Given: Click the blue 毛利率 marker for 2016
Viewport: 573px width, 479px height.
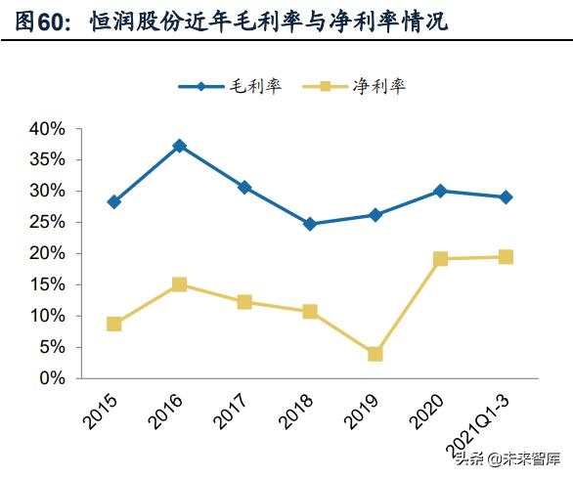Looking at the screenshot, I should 179,146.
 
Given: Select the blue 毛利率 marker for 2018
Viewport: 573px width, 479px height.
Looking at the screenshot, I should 310,224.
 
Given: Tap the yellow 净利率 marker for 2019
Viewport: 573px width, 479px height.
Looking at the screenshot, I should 375,354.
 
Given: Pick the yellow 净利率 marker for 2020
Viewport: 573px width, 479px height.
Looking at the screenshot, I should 440,259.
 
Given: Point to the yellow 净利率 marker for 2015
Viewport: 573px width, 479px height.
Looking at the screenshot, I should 114,324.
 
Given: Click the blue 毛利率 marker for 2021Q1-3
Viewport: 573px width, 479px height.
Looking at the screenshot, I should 506,197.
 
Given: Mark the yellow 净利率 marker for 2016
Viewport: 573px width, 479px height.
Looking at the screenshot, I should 179,284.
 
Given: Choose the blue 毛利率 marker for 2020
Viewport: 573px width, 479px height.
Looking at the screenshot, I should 440,191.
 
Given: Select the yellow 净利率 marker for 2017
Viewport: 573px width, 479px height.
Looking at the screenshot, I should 244,302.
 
